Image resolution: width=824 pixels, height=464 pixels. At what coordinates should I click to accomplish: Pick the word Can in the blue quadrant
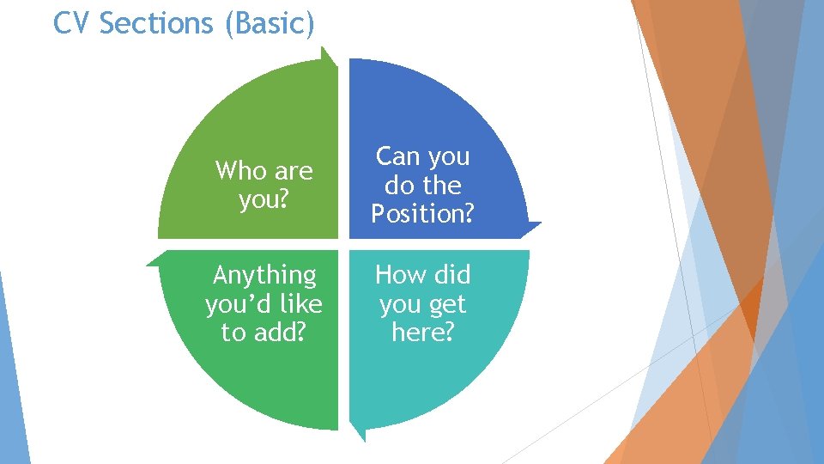pyautogui.click(x=397, y=156)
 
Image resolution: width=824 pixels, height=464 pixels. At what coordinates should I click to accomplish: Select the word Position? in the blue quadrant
pyautogui.click(x=422, y=214)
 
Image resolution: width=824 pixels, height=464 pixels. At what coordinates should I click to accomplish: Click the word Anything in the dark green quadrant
pyautogui.click(x=264, y=276)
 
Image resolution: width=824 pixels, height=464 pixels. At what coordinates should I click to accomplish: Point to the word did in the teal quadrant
pyautogui.click(x=451, y=275)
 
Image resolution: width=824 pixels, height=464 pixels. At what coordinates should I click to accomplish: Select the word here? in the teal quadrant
pyautogui.click(x=422, y=333)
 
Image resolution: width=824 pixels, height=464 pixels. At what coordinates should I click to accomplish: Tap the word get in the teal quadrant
pyautogui.click(x=446, y=304)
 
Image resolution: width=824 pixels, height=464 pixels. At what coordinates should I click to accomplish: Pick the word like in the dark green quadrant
pyautogui.click(x=301, y=304)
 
